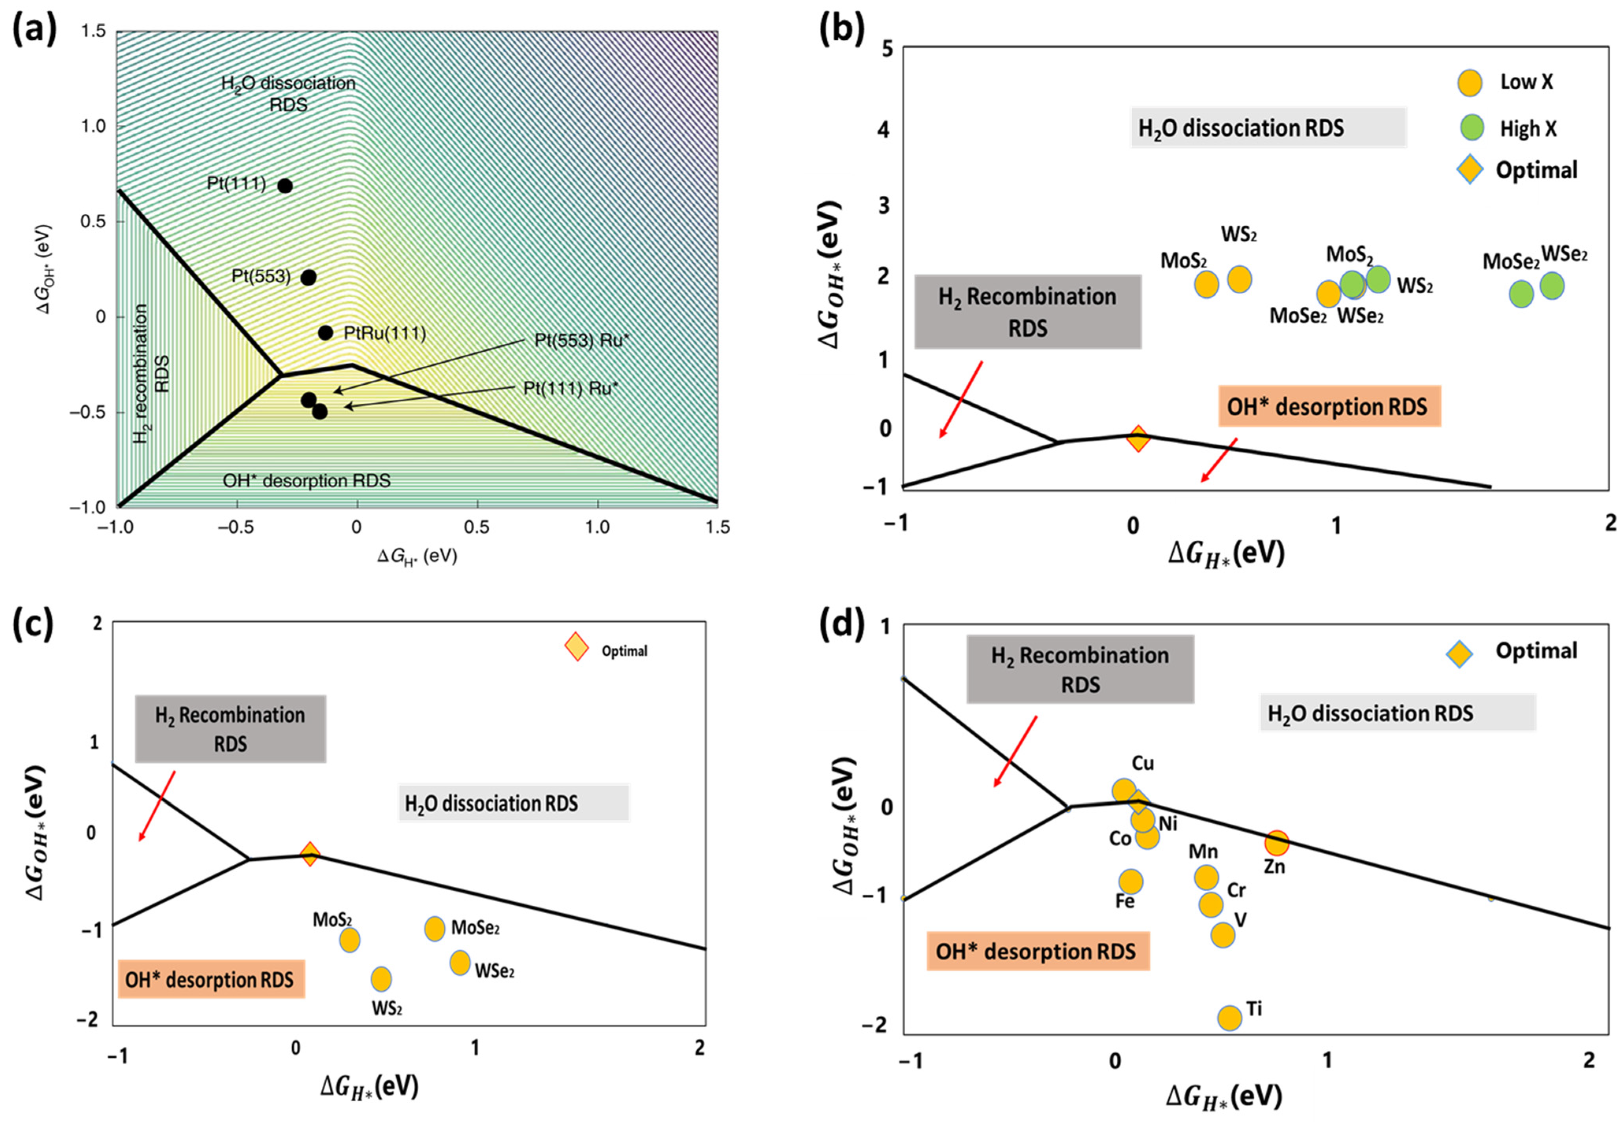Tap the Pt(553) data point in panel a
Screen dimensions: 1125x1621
tap(308, 277)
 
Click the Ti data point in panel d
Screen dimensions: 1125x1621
tap(1229, 1018)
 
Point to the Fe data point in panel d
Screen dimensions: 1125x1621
tap(1130, 881)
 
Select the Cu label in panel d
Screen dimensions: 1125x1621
tap(1143, 764)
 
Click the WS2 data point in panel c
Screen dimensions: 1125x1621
tap(381, 979)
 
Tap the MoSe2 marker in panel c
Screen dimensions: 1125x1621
tap(434, 929)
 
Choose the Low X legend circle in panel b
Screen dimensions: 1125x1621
tap(1470, 82)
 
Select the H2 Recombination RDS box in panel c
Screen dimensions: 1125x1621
tap(230, 729)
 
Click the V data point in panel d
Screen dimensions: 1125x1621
tap(1223, 935)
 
